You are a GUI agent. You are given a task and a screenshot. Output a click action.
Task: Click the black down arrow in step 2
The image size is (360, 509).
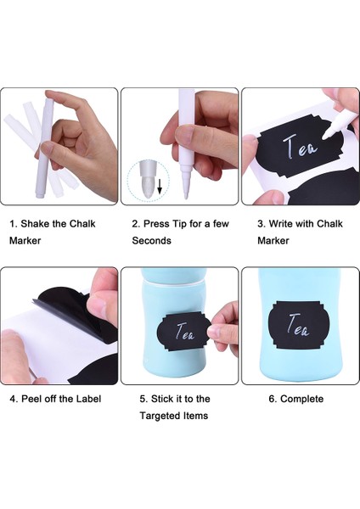point(160,187)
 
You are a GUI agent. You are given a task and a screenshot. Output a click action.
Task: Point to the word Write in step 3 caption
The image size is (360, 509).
point(280,224)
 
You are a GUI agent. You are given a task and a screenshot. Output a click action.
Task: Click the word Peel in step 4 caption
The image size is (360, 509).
point(31,399)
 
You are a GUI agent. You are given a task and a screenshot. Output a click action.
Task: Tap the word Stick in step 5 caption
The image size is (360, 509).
point(162,399)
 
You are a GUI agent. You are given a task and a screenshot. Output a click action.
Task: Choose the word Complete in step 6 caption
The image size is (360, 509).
point(302,399)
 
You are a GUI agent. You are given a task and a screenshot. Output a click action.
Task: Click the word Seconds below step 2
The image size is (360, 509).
point(151,241)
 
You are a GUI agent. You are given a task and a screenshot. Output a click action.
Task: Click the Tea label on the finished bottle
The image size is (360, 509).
point(299,325)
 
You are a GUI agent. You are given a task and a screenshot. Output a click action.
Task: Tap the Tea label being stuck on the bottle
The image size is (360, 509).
point(183,331)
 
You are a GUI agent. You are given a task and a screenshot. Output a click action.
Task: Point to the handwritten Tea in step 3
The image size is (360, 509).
point(300,147)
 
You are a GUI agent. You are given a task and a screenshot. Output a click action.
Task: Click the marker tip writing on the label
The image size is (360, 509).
point(324,138)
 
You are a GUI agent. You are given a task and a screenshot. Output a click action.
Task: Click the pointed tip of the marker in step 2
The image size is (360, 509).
point(186,197)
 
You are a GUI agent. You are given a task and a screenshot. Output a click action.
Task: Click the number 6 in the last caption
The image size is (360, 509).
point(272,399)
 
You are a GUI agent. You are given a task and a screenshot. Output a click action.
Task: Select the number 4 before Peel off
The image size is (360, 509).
point(13,399)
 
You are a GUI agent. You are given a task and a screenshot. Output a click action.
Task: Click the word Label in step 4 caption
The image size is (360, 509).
point(88,399)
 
